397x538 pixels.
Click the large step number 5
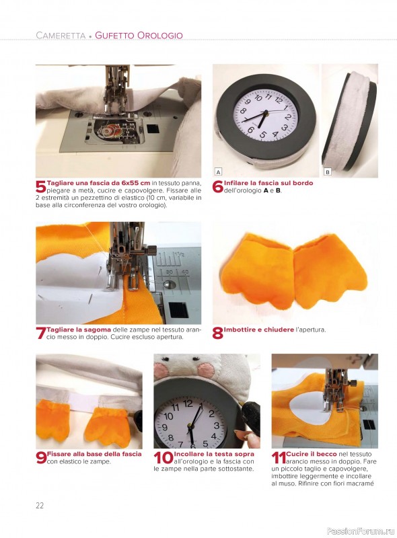[40, 187]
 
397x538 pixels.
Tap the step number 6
[218, 187]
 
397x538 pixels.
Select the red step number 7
[41, 333]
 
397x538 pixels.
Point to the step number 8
[218, 333]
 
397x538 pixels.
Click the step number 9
[41, 458]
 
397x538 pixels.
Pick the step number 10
[164, 458]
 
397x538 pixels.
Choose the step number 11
[278, 458]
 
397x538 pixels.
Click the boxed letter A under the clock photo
[218, 172]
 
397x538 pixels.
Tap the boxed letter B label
[328, 172]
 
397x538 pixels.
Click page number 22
[40, 506]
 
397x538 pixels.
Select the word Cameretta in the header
[61, 36]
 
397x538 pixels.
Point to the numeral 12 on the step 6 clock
[279, 100]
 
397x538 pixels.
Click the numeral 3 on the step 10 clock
[217, 426]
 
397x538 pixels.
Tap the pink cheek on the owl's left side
[159, 371]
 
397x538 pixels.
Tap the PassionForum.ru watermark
[361, 531]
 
